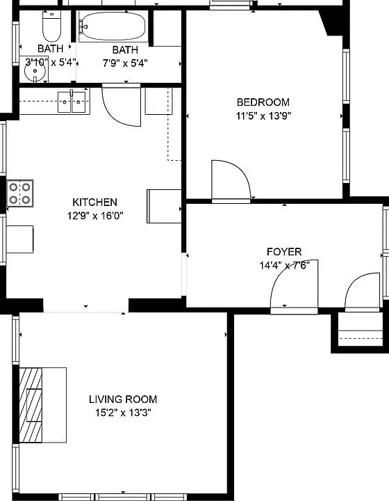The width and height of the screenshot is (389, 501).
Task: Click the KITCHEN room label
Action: pos(94,202)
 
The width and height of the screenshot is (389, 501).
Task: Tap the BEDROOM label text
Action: pos(263,102)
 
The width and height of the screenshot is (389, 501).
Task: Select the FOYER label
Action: pos(284,252)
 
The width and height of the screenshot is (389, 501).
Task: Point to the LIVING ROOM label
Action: pos(123,399)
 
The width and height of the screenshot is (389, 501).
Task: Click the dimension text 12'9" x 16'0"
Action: pos(95,216)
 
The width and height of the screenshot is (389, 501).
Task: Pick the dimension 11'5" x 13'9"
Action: pos(263,116)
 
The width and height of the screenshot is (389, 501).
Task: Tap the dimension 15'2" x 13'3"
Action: pos(123,413)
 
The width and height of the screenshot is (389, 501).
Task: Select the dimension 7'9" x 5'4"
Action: pos(125,63)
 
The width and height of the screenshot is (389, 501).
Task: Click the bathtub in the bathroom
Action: pos(113,26)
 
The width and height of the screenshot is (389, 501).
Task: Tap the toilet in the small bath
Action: pos(51,26)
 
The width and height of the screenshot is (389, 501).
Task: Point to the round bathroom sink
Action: pos(35,70)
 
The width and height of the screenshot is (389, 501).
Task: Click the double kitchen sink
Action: pos(72,102)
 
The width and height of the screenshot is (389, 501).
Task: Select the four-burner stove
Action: pos(19,193)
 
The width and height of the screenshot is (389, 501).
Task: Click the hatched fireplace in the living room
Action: pos(31,405)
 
